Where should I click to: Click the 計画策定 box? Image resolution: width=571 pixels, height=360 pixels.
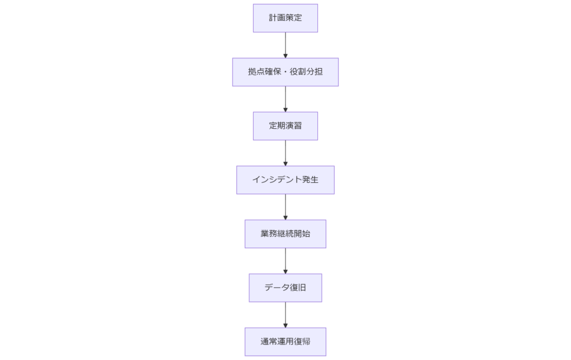point(285,18)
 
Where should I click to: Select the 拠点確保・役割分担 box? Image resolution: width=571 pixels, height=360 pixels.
point(285,72)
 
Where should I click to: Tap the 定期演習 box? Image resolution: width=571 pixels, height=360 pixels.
point(285,126)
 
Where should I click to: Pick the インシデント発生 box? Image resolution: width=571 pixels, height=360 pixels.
point(285,180)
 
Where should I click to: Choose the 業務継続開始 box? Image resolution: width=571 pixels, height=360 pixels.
point(285,234)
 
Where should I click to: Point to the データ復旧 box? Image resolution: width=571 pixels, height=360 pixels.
point(285,288)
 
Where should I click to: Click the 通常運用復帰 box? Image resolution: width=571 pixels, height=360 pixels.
point(285,342)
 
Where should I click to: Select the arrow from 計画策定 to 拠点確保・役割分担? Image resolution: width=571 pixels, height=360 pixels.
point(285,44)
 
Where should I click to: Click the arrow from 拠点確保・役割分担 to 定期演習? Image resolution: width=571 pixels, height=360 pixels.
point(285,98)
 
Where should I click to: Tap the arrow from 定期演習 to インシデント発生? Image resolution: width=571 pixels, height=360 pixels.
point(285,152)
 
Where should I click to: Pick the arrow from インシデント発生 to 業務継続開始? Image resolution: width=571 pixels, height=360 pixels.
point(285,206)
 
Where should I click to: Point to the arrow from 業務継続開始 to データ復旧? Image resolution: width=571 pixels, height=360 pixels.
point(285,260)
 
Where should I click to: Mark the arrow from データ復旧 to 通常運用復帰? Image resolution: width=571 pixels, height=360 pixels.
point(285,314)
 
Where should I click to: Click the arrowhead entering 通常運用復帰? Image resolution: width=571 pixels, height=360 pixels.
point(285,325)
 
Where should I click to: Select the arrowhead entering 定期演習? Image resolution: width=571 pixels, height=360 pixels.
point(285,109)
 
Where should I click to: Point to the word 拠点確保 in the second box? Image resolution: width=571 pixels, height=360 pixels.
point(264,72)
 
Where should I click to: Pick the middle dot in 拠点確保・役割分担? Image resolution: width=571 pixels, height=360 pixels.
point(285,72)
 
